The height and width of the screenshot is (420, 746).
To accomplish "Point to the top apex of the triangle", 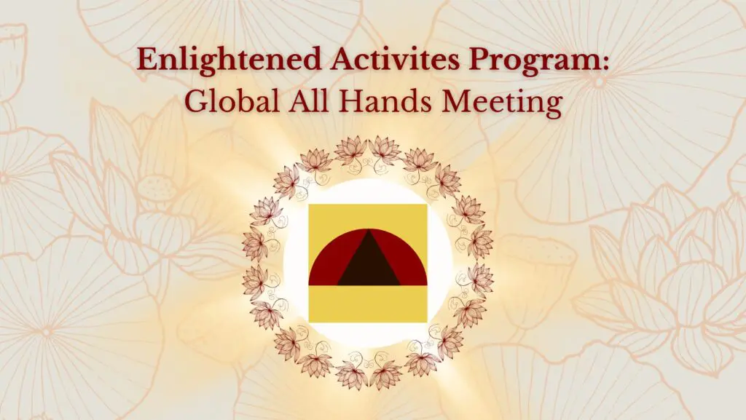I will click(x=368, y=231).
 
